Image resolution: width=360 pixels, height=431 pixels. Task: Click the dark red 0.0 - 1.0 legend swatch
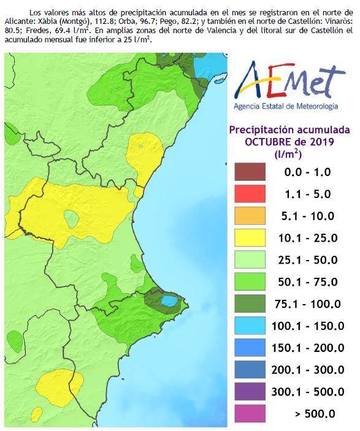(x=250, y=172)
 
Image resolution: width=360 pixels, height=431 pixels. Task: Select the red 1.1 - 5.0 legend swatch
(x=250, y=194)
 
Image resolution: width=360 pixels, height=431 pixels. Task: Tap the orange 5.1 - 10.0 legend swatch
(x=250, y=216)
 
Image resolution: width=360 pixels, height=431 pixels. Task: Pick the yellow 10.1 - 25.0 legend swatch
(x=250, y=238)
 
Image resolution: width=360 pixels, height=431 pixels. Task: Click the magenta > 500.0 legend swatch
(x=250, y=413)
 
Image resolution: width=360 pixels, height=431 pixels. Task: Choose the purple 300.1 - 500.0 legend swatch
(x=250, y=391)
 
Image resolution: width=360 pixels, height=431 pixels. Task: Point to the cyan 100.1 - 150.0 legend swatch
(x=250, y=326)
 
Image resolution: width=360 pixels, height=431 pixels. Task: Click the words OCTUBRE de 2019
(x=289, y=142)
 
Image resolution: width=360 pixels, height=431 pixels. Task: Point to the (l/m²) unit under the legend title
(x=288, y=154)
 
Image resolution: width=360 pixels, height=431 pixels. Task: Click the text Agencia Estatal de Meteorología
(x=285, y=106)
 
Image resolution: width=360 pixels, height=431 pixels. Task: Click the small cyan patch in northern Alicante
(x=167, y=300)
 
